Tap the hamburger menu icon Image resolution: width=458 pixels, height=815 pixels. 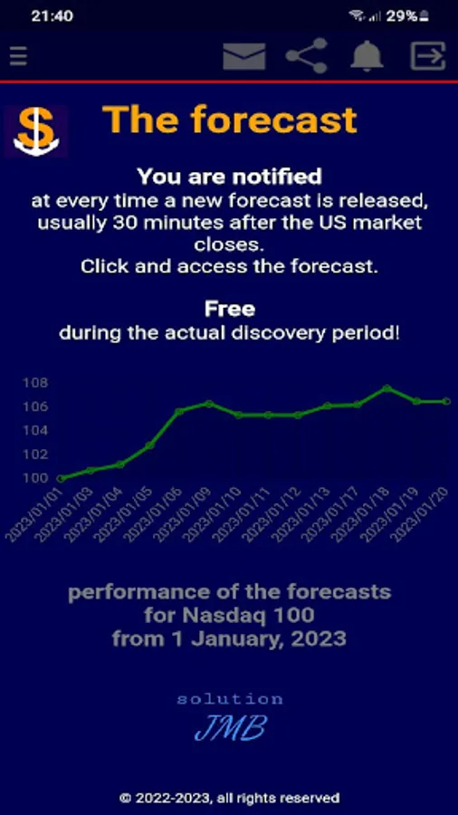[x=18, y=56]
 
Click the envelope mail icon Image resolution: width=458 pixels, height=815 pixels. [x=243, y=56]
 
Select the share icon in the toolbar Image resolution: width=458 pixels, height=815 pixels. [x=306, y=56]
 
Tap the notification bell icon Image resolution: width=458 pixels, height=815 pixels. [x=367, y=56]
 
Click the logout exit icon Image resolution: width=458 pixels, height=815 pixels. [x=428, y=56]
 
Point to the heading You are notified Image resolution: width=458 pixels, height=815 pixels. [x=229, y=176]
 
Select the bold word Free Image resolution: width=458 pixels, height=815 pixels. [x=229, y=310]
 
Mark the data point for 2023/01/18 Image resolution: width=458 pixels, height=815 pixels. [x=386, y=388]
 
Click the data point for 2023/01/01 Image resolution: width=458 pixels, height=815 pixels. [x=61, y=478]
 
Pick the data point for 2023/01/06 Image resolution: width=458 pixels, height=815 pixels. [x=179, y=411]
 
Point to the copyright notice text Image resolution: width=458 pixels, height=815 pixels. [x=229, y=798]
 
